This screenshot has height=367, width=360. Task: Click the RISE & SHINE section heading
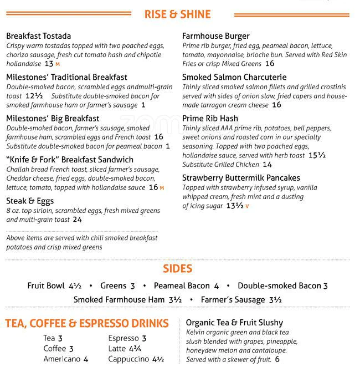point(178,14)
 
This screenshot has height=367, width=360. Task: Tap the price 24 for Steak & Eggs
point(77,220)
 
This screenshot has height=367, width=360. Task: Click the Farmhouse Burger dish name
point(215,36)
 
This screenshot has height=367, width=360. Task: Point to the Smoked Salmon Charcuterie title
point(234,77)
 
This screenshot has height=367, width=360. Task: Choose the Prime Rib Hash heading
point(210,118)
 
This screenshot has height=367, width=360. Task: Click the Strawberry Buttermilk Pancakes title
point(241,178)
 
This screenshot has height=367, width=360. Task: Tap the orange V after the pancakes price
point(247,206)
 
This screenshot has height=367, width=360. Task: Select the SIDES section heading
point(178,269)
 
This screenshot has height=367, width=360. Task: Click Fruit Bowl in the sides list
point(46,286)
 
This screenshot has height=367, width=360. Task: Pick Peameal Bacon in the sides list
point(182,286)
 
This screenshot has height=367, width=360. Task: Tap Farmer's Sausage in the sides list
point(233,300)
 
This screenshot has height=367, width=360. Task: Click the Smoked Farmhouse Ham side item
point(119,300)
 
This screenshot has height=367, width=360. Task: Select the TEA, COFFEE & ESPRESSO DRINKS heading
point(87,323)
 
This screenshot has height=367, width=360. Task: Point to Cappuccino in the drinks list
point(129,359)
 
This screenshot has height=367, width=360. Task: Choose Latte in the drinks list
point(117,349)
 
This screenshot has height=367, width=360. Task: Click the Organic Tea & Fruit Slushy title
point(234,323)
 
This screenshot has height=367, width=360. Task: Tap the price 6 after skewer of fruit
point(277,359)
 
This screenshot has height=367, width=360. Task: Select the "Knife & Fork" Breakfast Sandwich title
point(70,160)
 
